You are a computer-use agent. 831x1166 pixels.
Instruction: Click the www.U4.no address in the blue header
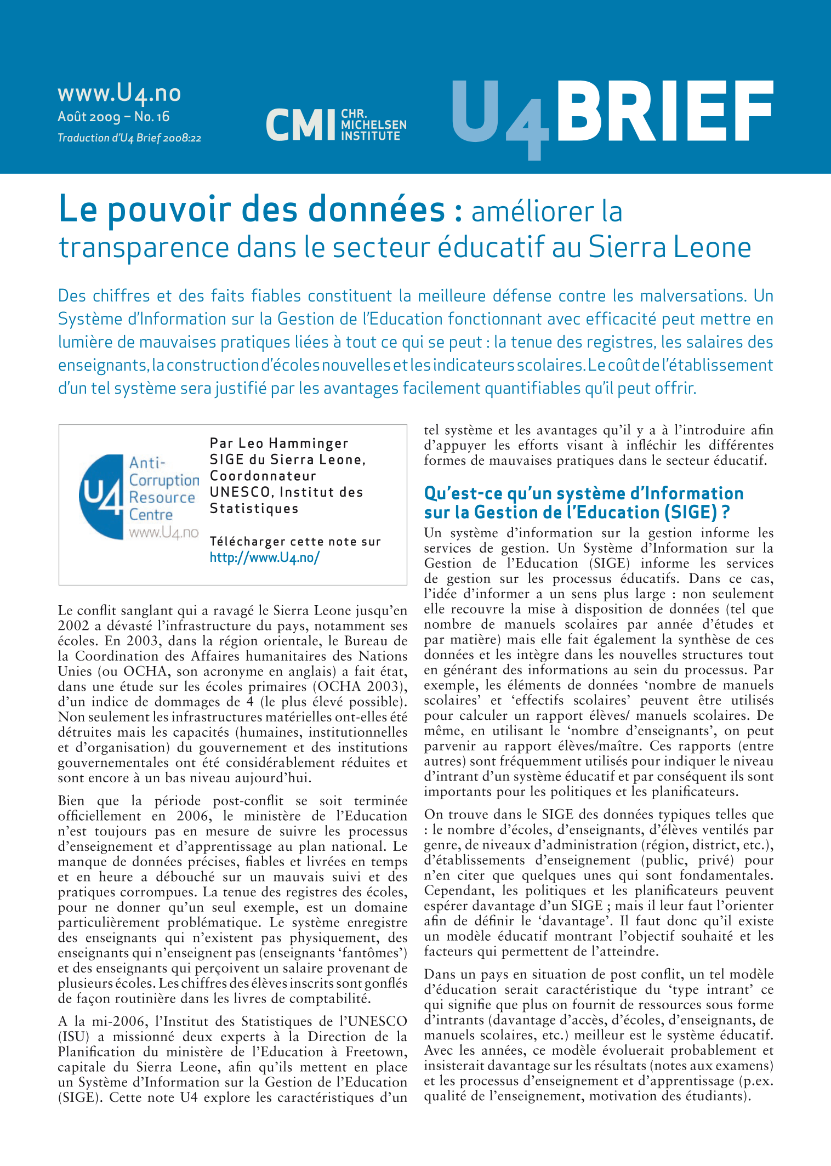pos(119,93)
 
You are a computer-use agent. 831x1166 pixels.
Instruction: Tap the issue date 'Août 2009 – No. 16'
pos(113,117)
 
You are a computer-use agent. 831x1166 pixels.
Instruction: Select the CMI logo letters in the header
pos(300,124)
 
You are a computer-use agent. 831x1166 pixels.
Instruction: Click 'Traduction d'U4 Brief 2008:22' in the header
pos(129,138)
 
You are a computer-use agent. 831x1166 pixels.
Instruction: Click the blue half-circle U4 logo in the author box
pos(101,497)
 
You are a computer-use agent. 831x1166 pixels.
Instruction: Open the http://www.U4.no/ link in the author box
pos(264,558)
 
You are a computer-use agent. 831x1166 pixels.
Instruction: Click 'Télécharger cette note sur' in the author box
pos(295,542)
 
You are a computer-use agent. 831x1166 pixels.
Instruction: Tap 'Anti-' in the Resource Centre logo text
pos(147,463)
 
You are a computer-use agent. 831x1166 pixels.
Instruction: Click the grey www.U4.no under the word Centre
pos(163,532)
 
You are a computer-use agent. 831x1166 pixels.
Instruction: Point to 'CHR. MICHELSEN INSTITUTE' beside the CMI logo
pos(373,125)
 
